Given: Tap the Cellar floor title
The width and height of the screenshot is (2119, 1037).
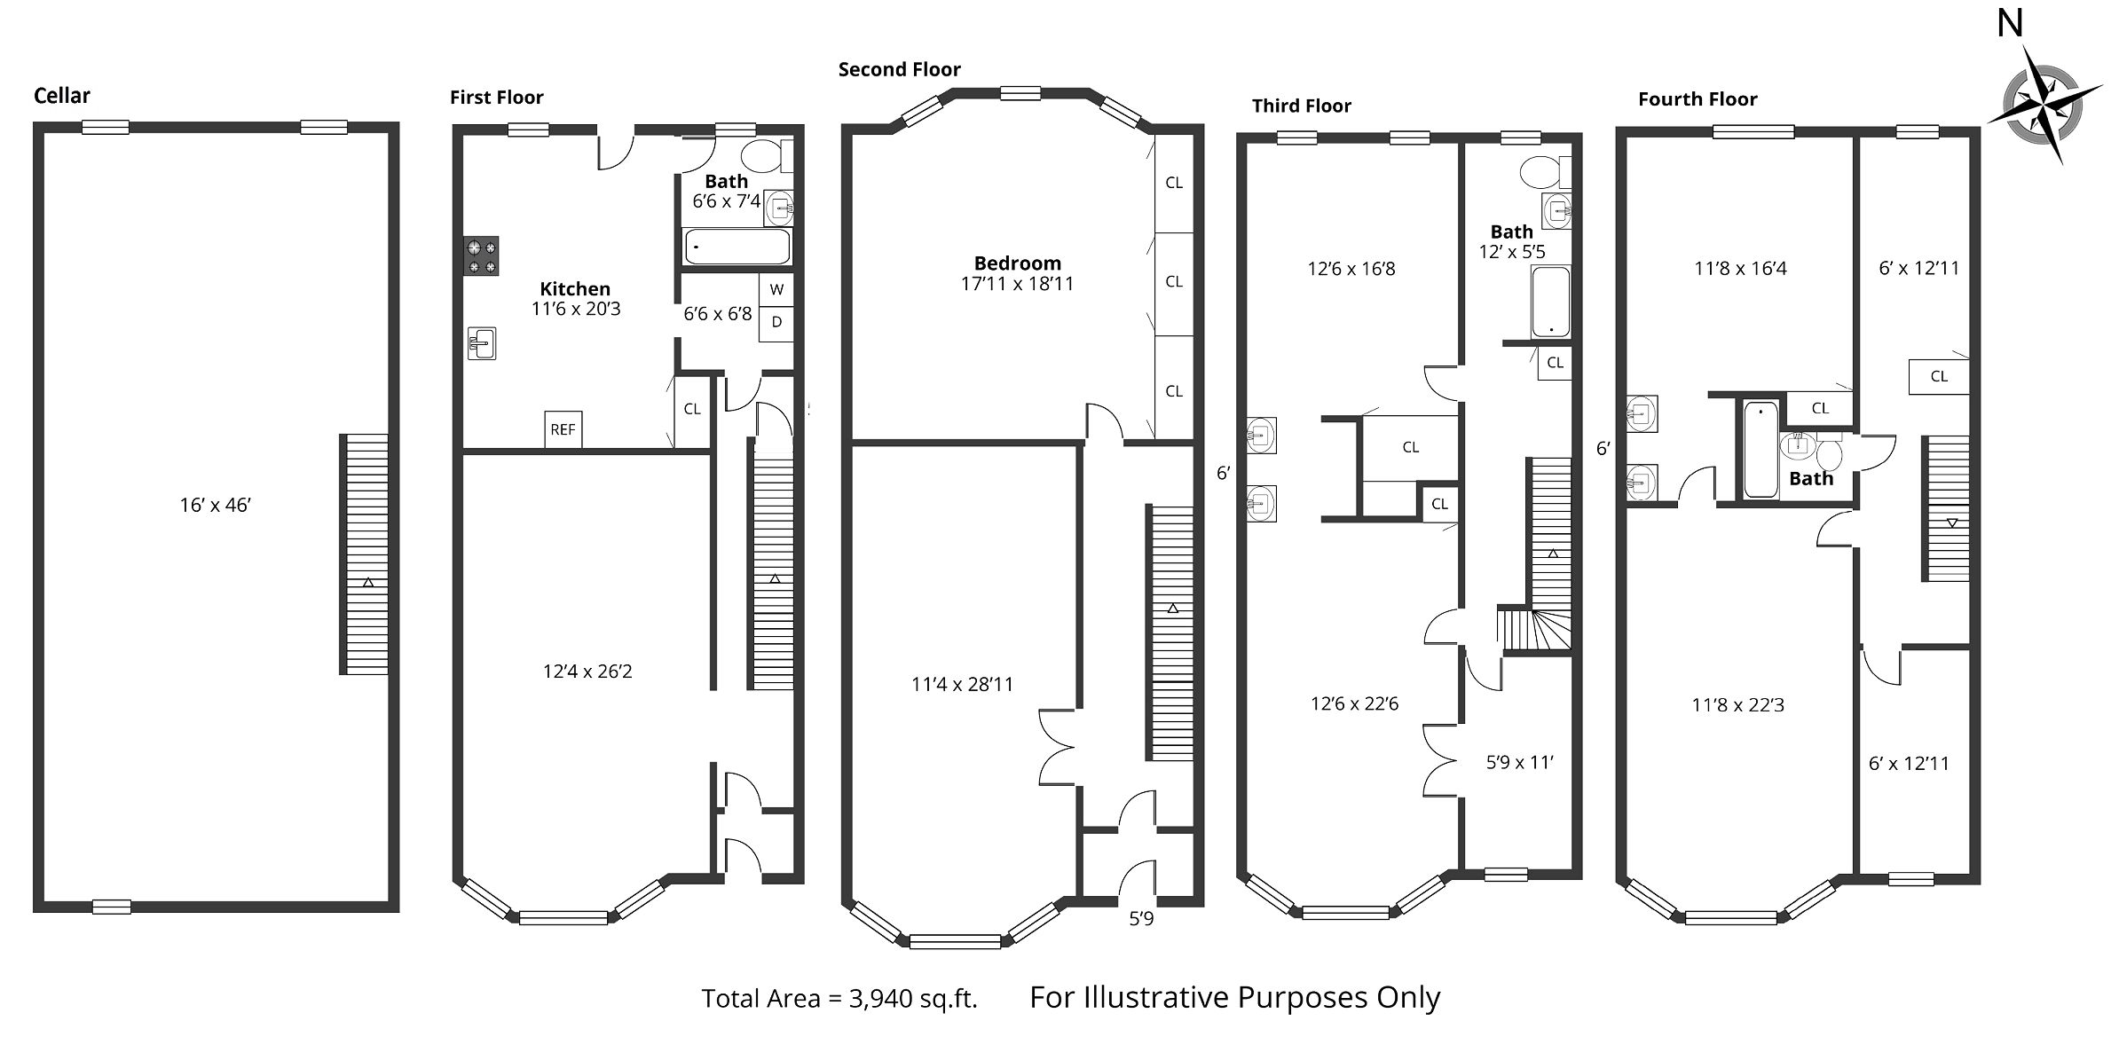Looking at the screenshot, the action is pyautogui.click(x=62, y=96).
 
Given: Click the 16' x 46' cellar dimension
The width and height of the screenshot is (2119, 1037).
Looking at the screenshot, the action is pyautogui.click(x=216, y=505).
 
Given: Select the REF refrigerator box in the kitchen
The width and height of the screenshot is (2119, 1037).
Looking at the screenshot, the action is pyautogui.click(x=563, y=429).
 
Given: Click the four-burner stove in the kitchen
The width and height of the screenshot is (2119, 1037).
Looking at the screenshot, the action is pyautogui.click(x=481, y=256).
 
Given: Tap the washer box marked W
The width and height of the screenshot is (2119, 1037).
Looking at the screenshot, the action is pyautogui.click(x=776, y=289).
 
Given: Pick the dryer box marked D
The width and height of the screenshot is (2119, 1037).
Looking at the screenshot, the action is pyautogui.click(x=776, y=323).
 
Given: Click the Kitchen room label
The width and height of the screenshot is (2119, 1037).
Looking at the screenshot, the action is pyautogui.click(x=575, y=288).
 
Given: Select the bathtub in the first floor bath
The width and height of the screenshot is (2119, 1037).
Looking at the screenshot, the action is pyautogui.click(x=737, y=246).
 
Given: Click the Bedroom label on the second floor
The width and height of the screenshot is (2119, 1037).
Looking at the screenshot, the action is pyautogui.click(x=1018, y=263).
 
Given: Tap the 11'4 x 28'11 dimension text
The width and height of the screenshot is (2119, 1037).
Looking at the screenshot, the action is pyautogui.click(x=962, y=684).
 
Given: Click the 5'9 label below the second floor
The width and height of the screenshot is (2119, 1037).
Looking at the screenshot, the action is pyautogui.click(x=1141, y=919).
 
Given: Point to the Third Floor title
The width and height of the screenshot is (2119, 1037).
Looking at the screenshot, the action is pyautogui.click(x=1302, y=106).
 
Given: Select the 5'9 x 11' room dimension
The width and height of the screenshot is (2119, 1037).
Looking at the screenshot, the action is pyautogui.click(x=1520, y=762).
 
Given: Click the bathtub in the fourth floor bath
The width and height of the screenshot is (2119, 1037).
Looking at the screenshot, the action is pyautogui.click(x=1761, y=450).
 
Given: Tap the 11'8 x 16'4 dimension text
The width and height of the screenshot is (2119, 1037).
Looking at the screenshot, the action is pyautogui.click(x=1740, y=268).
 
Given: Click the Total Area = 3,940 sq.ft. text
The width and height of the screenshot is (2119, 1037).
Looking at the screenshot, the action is pyautogui.click(x=839, y=999).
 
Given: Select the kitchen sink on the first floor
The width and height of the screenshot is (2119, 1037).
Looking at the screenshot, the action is pyautogui.click(x=482, y=343).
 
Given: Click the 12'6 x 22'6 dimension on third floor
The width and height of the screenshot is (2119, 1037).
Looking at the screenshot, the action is pyautogui.click(x=1354, y=703).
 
